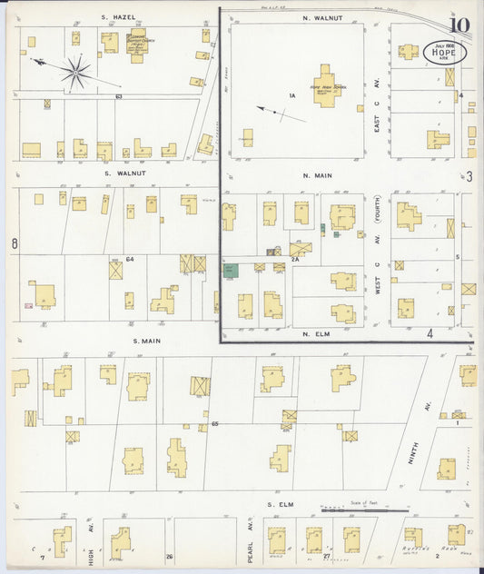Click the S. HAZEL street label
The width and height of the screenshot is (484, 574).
pos(114,17)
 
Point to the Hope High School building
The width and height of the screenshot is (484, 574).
pos(325,84)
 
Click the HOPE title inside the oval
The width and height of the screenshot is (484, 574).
pos(443,53)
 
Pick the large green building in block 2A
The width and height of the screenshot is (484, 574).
pos(231,271)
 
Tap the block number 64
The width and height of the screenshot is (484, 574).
pos(130,259)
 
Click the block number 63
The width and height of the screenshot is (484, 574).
pos(118,95)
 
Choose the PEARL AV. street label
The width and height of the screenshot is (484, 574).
pos(247,536)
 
